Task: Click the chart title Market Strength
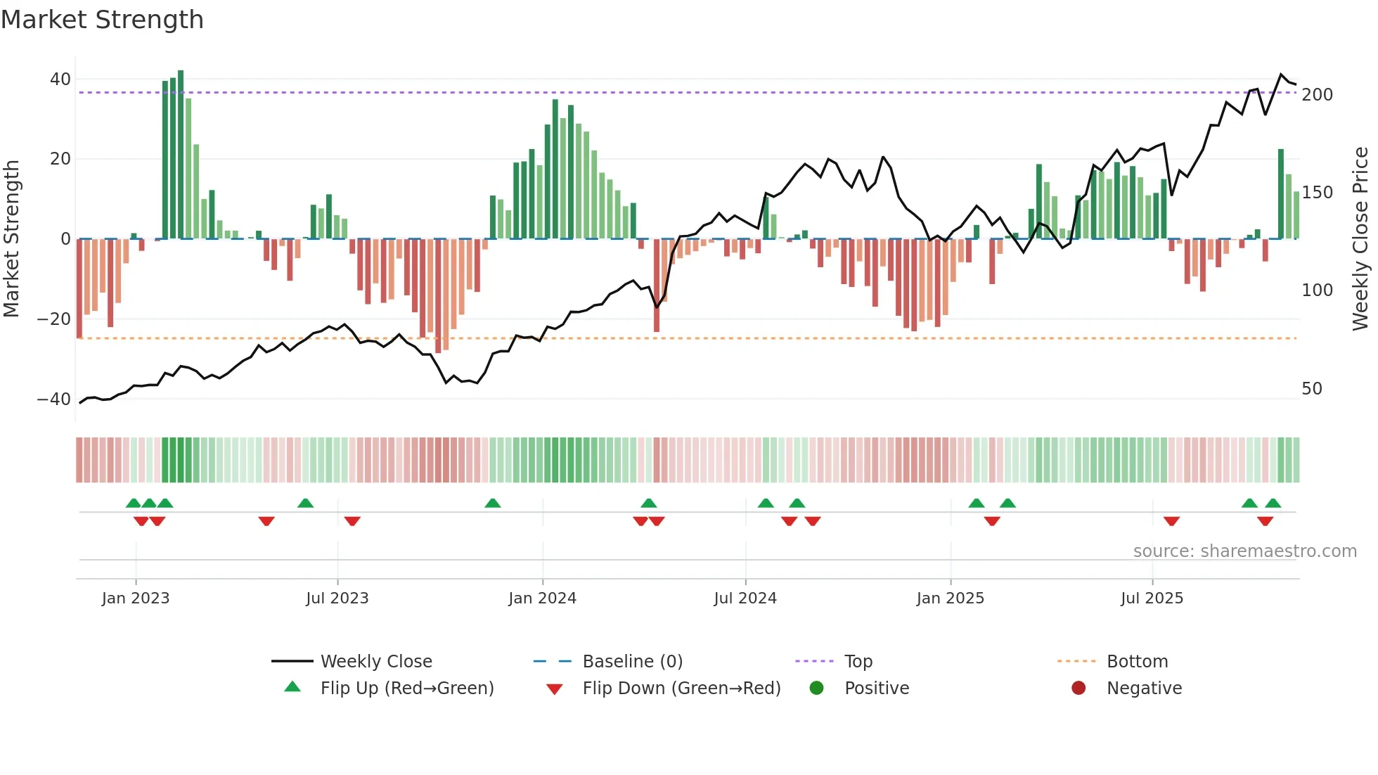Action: (102, 20)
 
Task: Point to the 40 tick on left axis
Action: (60, 79)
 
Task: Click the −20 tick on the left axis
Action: (54, 319)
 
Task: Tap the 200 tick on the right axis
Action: (1317, 95)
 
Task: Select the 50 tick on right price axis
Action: (1311, 389)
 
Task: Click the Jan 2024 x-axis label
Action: (542, 598)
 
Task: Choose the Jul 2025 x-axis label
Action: (1152, 598)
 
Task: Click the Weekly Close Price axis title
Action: (1360, 239)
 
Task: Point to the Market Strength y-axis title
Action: (11, 239)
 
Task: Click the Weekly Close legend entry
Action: (375, 662)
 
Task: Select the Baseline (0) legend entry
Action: (632, 662)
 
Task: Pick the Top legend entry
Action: (858, 662)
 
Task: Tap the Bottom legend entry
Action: (1137, 662)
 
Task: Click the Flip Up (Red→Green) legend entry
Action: (406, 688)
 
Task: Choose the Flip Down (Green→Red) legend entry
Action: (681, 688)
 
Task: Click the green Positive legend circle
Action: (816, 688)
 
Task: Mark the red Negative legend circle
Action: (1078, 688)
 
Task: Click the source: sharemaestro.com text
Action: (1244, 551)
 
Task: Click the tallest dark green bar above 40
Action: (181, 155)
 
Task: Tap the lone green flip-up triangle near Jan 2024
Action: (493, 504)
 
